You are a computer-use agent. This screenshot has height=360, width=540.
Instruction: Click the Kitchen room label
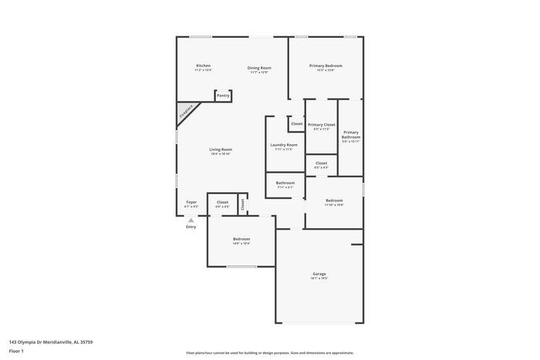204,66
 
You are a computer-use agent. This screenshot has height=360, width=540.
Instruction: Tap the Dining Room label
259,68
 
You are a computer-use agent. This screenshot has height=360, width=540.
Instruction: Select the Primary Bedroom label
326,66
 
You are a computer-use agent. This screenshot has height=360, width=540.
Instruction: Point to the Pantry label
222,96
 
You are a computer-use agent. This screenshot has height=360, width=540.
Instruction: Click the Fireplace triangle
185,113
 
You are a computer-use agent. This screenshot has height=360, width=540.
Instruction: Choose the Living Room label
221,150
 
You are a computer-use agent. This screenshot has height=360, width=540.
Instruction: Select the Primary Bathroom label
351,134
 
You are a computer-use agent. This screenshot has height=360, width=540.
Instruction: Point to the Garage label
319,274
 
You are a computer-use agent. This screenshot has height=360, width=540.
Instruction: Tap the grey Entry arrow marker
191,220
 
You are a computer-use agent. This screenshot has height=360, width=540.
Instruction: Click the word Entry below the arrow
191,227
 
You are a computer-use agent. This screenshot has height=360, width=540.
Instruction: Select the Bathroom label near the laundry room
285,183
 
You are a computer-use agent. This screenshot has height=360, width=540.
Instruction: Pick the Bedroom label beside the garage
241,239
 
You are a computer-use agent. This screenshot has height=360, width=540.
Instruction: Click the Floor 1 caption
16,352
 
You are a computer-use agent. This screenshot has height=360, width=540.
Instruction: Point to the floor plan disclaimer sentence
269,352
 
